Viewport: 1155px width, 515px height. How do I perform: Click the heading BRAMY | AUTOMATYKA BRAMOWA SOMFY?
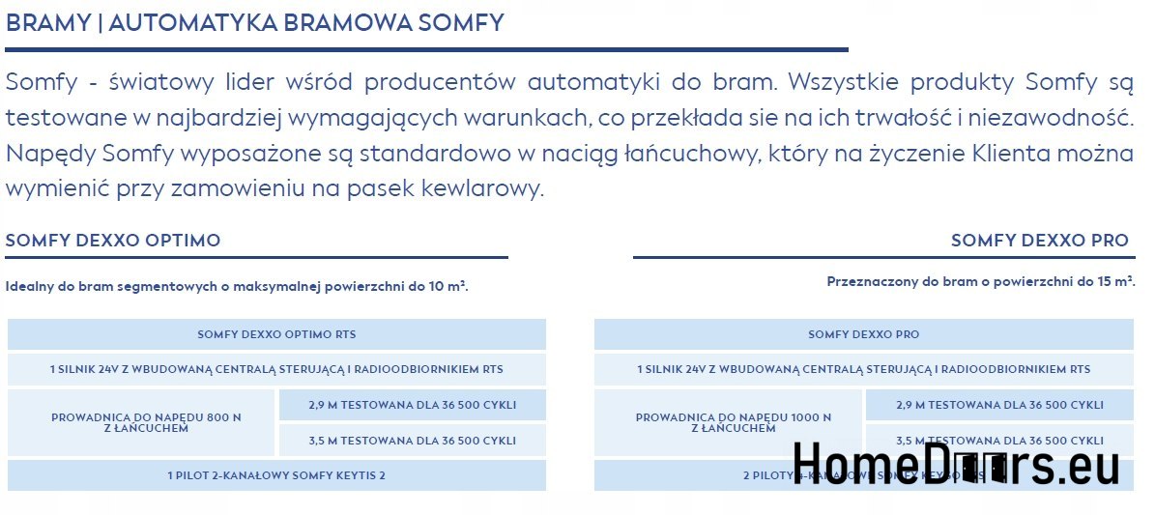(254, 23)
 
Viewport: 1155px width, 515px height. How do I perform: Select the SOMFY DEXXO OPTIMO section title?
(113, 241)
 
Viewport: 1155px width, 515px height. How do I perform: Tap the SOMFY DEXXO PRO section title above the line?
(1039, 241)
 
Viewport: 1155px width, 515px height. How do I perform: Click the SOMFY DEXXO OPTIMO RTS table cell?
(276, 334)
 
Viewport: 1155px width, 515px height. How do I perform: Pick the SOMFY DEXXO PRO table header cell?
(863, 334)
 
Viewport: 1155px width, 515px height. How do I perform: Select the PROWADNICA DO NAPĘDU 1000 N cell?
(733, 422)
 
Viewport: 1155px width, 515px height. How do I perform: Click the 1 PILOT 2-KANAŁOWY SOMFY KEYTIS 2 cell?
(276, 475)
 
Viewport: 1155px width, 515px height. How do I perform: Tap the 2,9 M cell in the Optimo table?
(413, 405)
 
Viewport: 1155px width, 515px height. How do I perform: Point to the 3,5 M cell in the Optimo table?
(413, 441)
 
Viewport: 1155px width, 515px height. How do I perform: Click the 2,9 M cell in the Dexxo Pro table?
(999, 405)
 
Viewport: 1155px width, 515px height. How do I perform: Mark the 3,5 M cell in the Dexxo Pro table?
(999, 441)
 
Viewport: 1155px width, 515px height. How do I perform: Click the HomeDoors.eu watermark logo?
(956, 464)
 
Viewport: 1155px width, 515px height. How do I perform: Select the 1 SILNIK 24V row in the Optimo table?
(276, 369)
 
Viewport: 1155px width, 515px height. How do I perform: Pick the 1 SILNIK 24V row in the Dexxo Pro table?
(863, 369)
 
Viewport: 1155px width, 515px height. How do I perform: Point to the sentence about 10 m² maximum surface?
(237, 286)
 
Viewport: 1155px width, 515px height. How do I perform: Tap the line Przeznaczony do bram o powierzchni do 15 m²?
(980, 281)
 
